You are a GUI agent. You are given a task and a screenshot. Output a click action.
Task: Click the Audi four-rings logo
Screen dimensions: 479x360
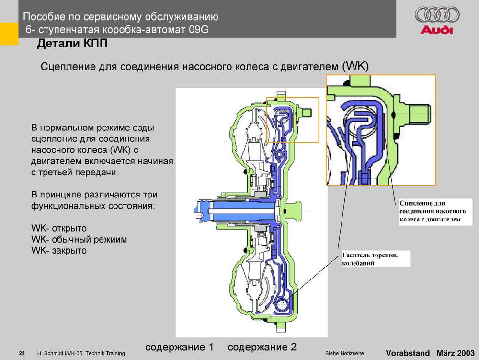pyautogui.click(x=437, y=15)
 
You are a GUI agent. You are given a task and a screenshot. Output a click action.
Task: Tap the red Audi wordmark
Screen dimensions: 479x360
pyautogui.click(x=436, y=30)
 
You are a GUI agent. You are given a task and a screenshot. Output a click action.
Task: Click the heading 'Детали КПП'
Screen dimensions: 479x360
pyautogui.click(x=72, y=44)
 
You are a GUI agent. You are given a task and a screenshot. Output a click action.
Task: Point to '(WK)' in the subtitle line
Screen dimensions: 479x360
pyautogui.click(x=355, y=66)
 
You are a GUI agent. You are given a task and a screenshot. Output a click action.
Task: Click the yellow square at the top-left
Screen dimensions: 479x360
pyautogui.click(x=9, y=34)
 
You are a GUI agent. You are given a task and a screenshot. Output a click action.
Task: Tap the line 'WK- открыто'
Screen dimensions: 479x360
pyautogui.click(x=59, y=228)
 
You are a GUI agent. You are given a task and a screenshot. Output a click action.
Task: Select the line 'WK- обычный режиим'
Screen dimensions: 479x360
pyautogui.click(x=79, y=239)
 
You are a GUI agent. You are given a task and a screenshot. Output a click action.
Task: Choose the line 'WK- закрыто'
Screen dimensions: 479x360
pyautogui.click(x=59, y=251)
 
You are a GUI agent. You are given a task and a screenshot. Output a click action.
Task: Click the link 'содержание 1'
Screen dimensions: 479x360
pyautogui.click(x=179, y=347)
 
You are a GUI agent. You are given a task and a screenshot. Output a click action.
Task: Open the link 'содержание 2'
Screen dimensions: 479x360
pyautogui.click(x=262, y=347)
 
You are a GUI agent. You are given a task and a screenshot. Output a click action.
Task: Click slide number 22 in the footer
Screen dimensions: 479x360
pyautogui.click(x=22, y=353)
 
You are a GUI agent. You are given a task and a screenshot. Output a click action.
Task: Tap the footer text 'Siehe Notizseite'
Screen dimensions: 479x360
pyautogui.click(x=344, y=353)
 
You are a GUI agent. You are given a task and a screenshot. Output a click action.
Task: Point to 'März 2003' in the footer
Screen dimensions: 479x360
pyautogui.click(x=456, y=353)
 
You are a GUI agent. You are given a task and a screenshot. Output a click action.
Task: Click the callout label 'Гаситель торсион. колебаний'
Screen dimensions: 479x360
pyautogui.click(x=370, y=259)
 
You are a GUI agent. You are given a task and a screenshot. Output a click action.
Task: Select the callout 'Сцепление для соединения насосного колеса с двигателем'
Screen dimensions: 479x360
pyautogui.click(x=433, y=211)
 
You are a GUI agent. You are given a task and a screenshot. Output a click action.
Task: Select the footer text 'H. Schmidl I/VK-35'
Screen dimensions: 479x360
pyautogui.click(x=60, y=353)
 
